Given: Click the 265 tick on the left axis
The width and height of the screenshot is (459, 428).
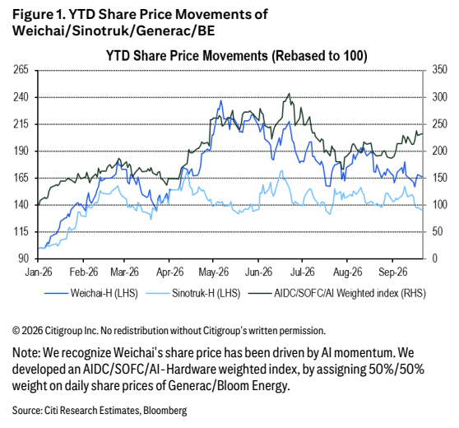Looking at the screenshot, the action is click(x=21, y=70).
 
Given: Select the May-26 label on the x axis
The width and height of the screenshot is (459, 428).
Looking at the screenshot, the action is click(x=213, y=272).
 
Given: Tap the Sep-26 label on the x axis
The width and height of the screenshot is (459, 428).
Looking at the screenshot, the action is click(x=392, y=272).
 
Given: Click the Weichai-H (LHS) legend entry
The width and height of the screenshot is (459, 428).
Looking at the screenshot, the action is click(x=91, y=293).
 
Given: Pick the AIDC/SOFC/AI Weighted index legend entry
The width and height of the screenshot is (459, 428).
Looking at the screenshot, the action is click(x=337, y=293).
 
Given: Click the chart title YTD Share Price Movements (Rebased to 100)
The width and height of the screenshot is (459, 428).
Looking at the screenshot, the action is click(x=237, y=56).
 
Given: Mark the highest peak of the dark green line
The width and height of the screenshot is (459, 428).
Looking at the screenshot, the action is click(x=290, y=94).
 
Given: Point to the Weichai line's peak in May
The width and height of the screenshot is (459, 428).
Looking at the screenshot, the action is click(x=221, y=100).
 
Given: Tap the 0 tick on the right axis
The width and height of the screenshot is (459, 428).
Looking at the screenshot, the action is click(x=434, y=258).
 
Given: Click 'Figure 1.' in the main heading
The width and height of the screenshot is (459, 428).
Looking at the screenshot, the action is click(x=38, y=15).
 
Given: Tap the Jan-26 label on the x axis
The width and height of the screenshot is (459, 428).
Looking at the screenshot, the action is click(x=39, y=272).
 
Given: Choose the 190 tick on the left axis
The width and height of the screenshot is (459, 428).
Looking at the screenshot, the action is click(x=21, y=151).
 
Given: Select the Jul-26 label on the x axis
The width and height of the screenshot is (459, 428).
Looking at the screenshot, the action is click(x=302, y=272).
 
